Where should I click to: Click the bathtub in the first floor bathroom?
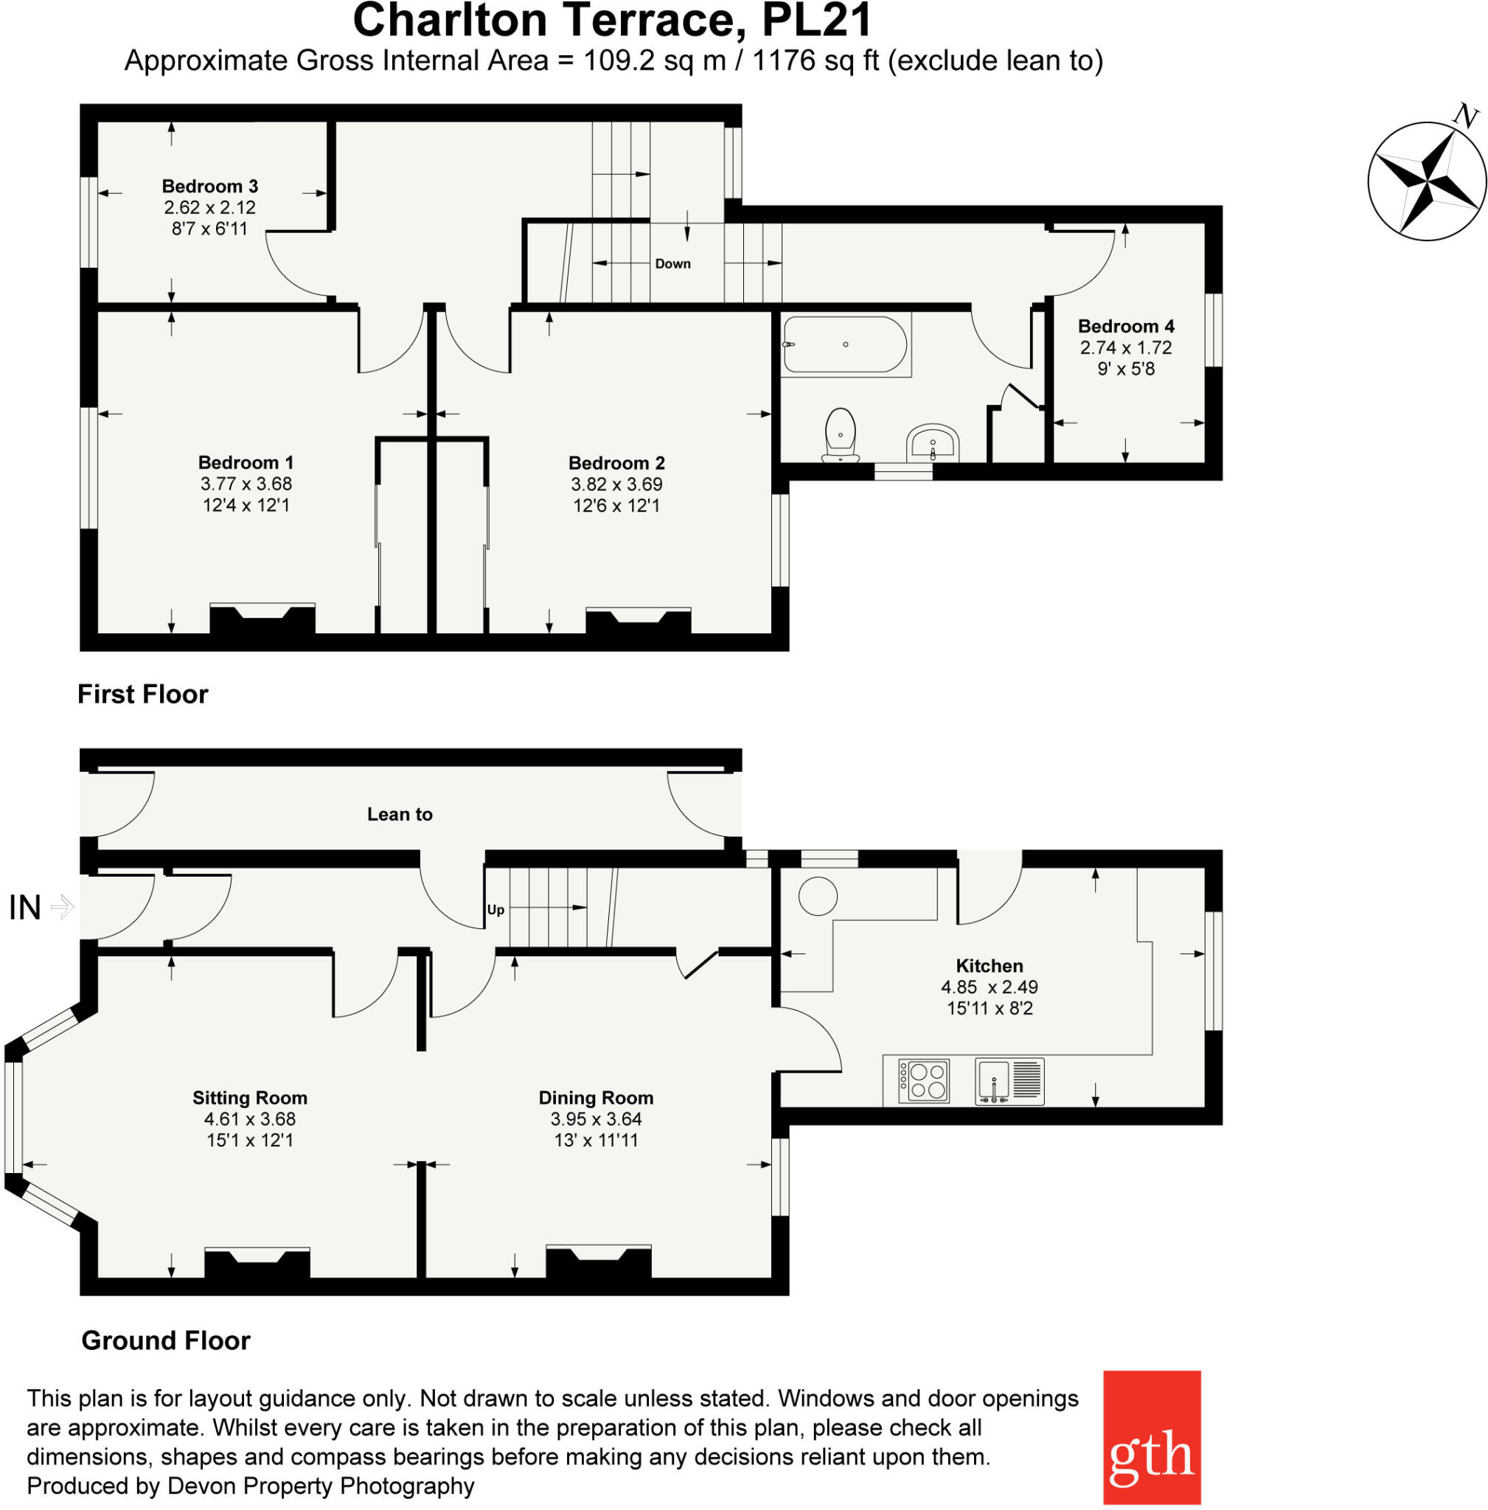845,344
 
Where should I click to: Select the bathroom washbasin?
932,444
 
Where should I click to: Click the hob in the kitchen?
924,1081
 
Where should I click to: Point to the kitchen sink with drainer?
1009,1082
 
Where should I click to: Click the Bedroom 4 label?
1125,326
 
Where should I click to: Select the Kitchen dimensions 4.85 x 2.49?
989,987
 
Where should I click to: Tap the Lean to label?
400,815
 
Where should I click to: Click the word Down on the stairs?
673,264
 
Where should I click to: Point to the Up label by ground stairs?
496,910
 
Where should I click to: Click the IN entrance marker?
25,908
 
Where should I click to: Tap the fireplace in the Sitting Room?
257,1264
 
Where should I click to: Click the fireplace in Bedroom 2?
638,622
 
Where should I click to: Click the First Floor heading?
143,694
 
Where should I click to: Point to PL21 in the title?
816,21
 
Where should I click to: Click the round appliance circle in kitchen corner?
818,896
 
